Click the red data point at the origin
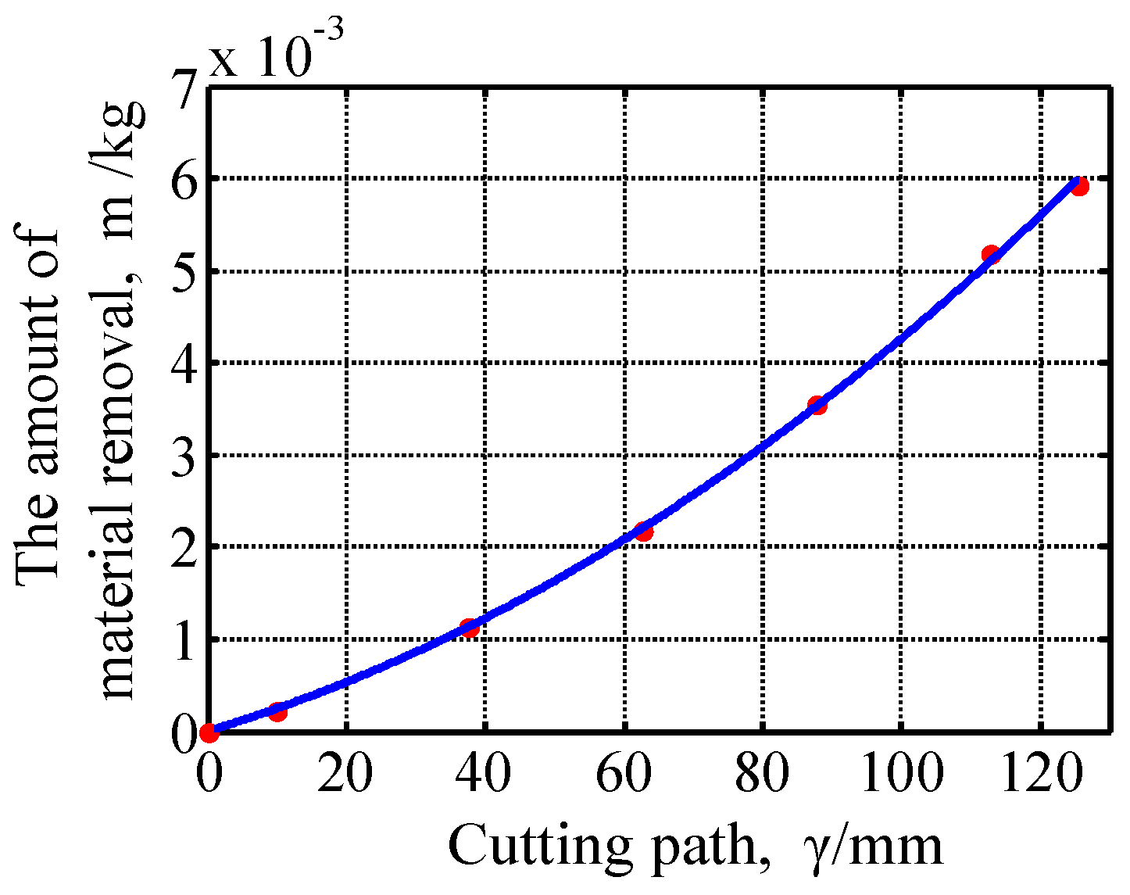(x=209, y=732)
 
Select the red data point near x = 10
(x=277, y=711)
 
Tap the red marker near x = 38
(x=470, y=628)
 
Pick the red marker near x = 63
(x=644, y=532)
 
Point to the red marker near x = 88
(x=817, y=405)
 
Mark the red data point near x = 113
(x=991, y=254)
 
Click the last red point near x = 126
(x=1080, y=186)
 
